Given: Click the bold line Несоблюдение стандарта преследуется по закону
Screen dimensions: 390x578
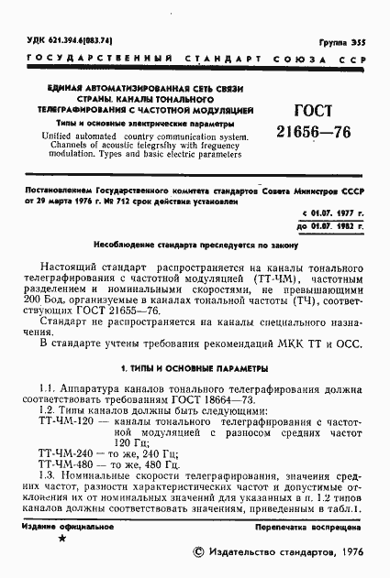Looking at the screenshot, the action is click(x=195, y=245).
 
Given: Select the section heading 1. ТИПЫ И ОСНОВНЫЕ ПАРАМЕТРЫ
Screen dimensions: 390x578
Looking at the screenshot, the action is click(x=194, y=368).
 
